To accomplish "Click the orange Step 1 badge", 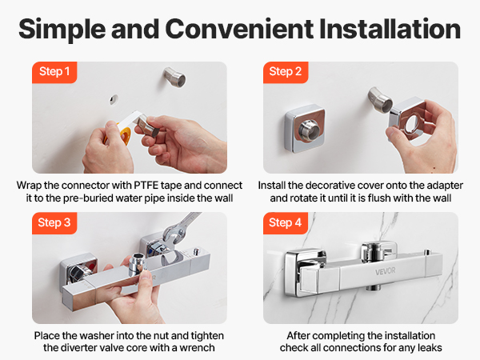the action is point(54,72).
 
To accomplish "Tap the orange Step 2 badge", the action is point(286,72).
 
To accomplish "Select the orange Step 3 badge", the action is point(54,223).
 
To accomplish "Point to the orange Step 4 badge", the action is point(286,223).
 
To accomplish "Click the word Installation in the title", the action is point(390,29).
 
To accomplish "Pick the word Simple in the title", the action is point(62,30).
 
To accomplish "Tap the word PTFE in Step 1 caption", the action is point(146,186).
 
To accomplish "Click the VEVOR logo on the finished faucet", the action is point(385,271).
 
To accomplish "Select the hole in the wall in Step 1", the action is point(114,99).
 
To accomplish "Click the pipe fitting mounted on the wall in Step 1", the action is point(174,77).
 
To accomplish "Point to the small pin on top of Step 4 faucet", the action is point(426,252).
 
